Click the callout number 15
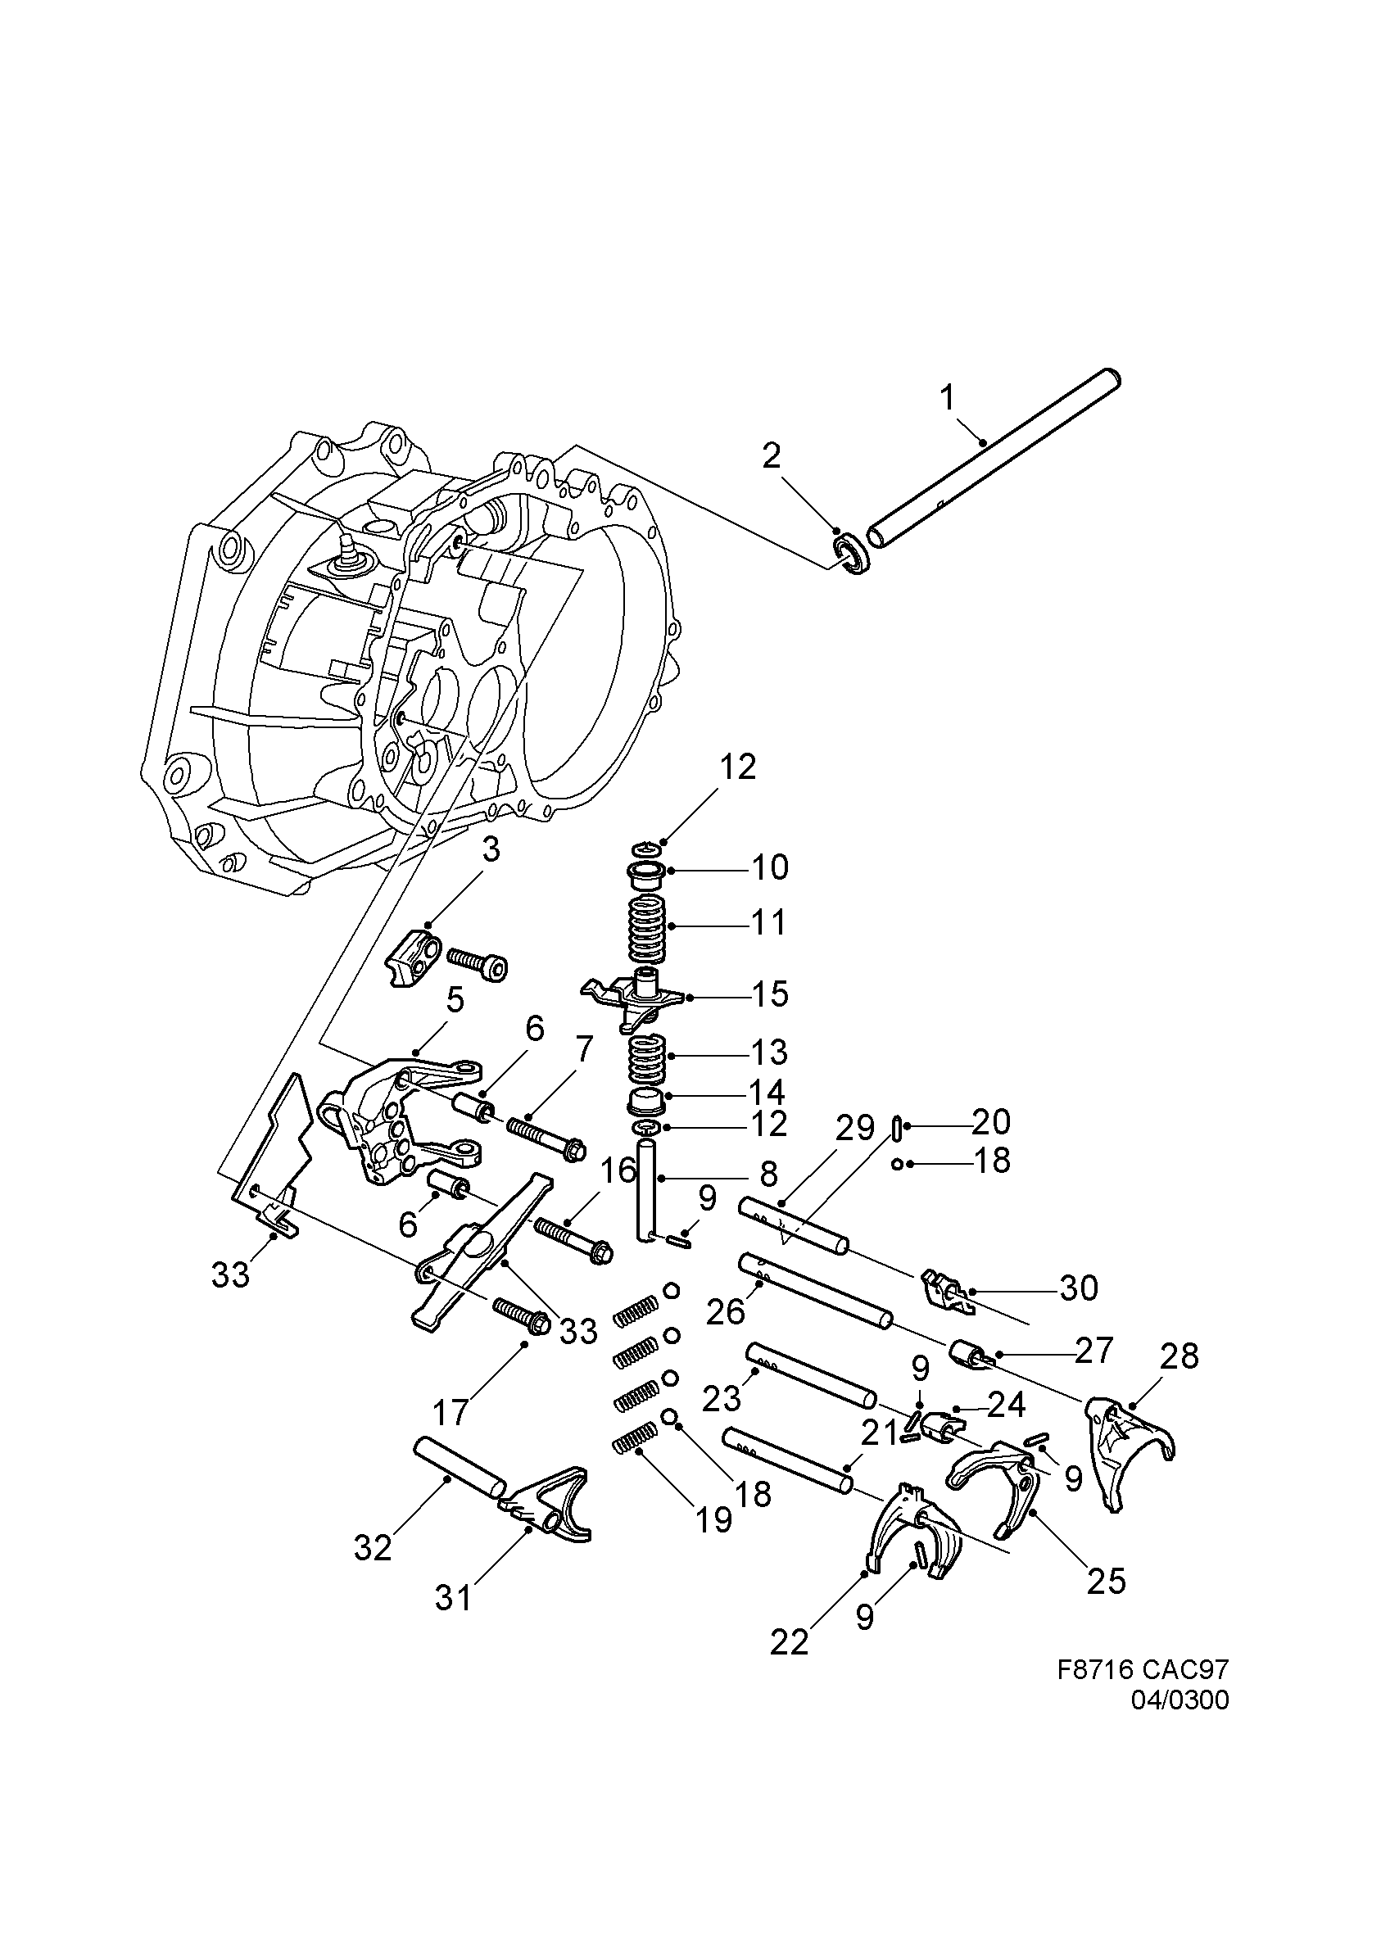click(x=770, y=994)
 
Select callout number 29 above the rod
click(x=854, y=1129)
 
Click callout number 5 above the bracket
click(x=455, y=1001)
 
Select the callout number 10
click(x=769, y=868)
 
